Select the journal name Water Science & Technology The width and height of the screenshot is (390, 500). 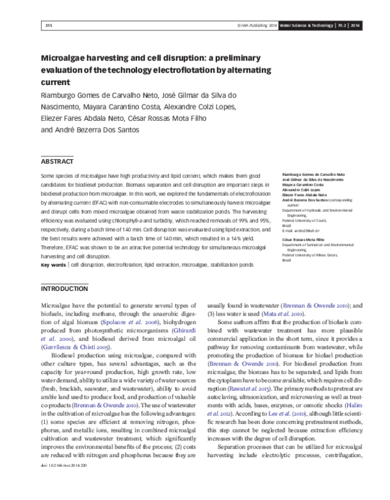pos(307,25)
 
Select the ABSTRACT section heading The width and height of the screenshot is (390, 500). pos(57,160)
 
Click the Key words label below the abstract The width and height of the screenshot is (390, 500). pos(53,266)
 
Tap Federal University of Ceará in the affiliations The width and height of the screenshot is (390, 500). pos(305,220)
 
